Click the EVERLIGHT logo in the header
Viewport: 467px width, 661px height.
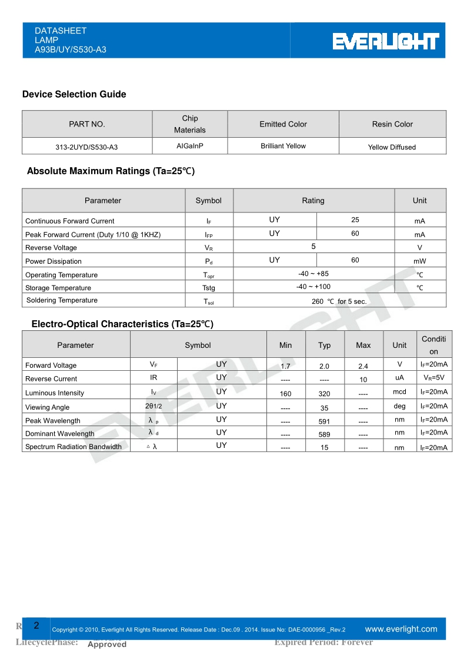[386, 41]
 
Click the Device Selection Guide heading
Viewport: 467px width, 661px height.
[74, 94]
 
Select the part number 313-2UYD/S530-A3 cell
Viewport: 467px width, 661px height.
[87, 147]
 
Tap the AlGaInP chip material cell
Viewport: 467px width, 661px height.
[190, 146]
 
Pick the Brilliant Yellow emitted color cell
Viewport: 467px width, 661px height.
[283, 146]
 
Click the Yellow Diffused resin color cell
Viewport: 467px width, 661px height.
[392, 147]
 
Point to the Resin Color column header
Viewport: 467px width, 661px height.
[392, 124]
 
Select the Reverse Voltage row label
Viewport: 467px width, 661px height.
[51, 248]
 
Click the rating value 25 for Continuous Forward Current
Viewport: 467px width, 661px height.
[355, 220]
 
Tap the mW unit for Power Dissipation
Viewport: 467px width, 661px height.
[419, 261]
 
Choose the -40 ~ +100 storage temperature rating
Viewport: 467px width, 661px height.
[313, 287]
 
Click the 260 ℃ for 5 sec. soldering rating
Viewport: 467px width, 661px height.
[339, 301]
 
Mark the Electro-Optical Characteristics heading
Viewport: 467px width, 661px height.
[122, 324]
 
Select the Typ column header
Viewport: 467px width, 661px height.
[325, 345]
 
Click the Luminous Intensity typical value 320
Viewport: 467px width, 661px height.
[325, 394]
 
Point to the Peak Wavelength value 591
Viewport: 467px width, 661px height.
[325, 421]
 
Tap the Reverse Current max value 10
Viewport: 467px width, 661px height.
[363, 380]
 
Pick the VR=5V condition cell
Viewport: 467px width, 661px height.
[434, 378]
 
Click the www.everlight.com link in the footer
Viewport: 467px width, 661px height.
[401, 629]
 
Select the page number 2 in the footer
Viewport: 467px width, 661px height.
[36, 626]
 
